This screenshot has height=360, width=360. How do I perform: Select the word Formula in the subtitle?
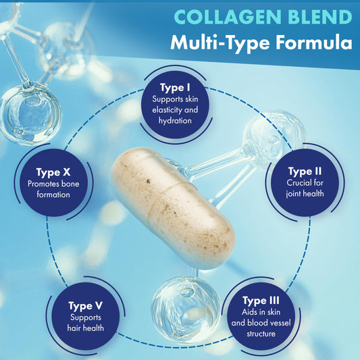pyautogui.click(x=314, y=43)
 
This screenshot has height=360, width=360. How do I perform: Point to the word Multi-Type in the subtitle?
pyautogui.click(x=220, y=44)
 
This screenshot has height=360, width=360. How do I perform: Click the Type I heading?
pyautogui.click(x=175, y=88)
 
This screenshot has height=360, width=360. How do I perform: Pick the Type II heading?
pyautogui.click(x=305, y=172)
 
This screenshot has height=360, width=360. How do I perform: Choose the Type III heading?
pyautogui.click(x=261, y=301)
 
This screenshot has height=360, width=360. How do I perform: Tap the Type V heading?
pyautogui.click(x=85, y=306)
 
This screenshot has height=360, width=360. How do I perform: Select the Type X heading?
pyautogui.click(x=53, y=172)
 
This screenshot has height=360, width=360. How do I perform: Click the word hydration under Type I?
pyautogui.click(x=175, y=121)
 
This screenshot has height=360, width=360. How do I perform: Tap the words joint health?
pyautogui.click(x=305, y=194)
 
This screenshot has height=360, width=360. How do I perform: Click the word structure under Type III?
pyautogui.click(x=261, y=334)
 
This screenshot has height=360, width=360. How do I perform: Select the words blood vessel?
pyautogui.click(x=269, y=323)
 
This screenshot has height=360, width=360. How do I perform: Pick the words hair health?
pyautogui.click(x=85, y=328)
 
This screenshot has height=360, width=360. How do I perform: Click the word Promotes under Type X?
pyautogui.click(x=42, y=184)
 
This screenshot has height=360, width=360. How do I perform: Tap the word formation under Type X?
pyautogui.click(x=53, y=195)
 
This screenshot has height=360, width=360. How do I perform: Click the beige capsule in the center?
pyautogui.click(x=174, y=208)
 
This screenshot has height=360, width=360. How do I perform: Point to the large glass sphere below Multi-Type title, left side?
pyautogui.click(x=30, y=113)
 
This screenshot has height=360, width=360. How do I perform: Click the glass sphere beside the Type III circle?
pyautogui.click(x=186, y=309)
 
